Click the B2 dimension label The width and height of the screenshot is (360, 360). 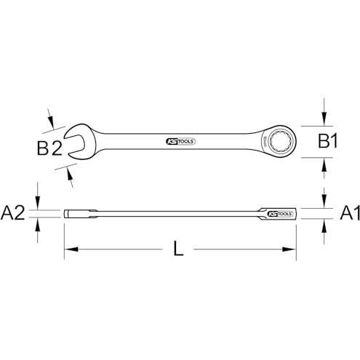pyautogui.click(x=49, y=148)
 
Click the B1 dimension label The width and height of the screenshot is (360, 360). pyautogui.click(x=328, y=141)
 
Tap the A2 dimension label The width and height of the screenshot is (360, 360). pyautogui.click(x=12, y=213)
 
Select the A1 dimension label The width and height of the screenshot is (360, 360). pyautogui.click(x=350, y=213)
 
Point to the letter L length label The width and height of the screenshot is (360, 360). pyautogui.click(x=179, y=249)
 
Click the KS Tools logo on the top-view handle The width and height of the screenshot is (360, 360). pyautogui.click(x=181, y=141)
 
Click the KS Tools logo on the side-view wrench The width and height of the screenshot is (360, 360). pyautogui.click(x=280, y=214)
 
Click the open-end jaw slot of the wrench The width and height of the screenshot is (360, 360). pyautogui.click(x=75, y=144)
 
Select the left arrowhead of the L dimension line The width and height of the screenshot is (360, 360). pyautogui.click(x=71, y=249)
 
